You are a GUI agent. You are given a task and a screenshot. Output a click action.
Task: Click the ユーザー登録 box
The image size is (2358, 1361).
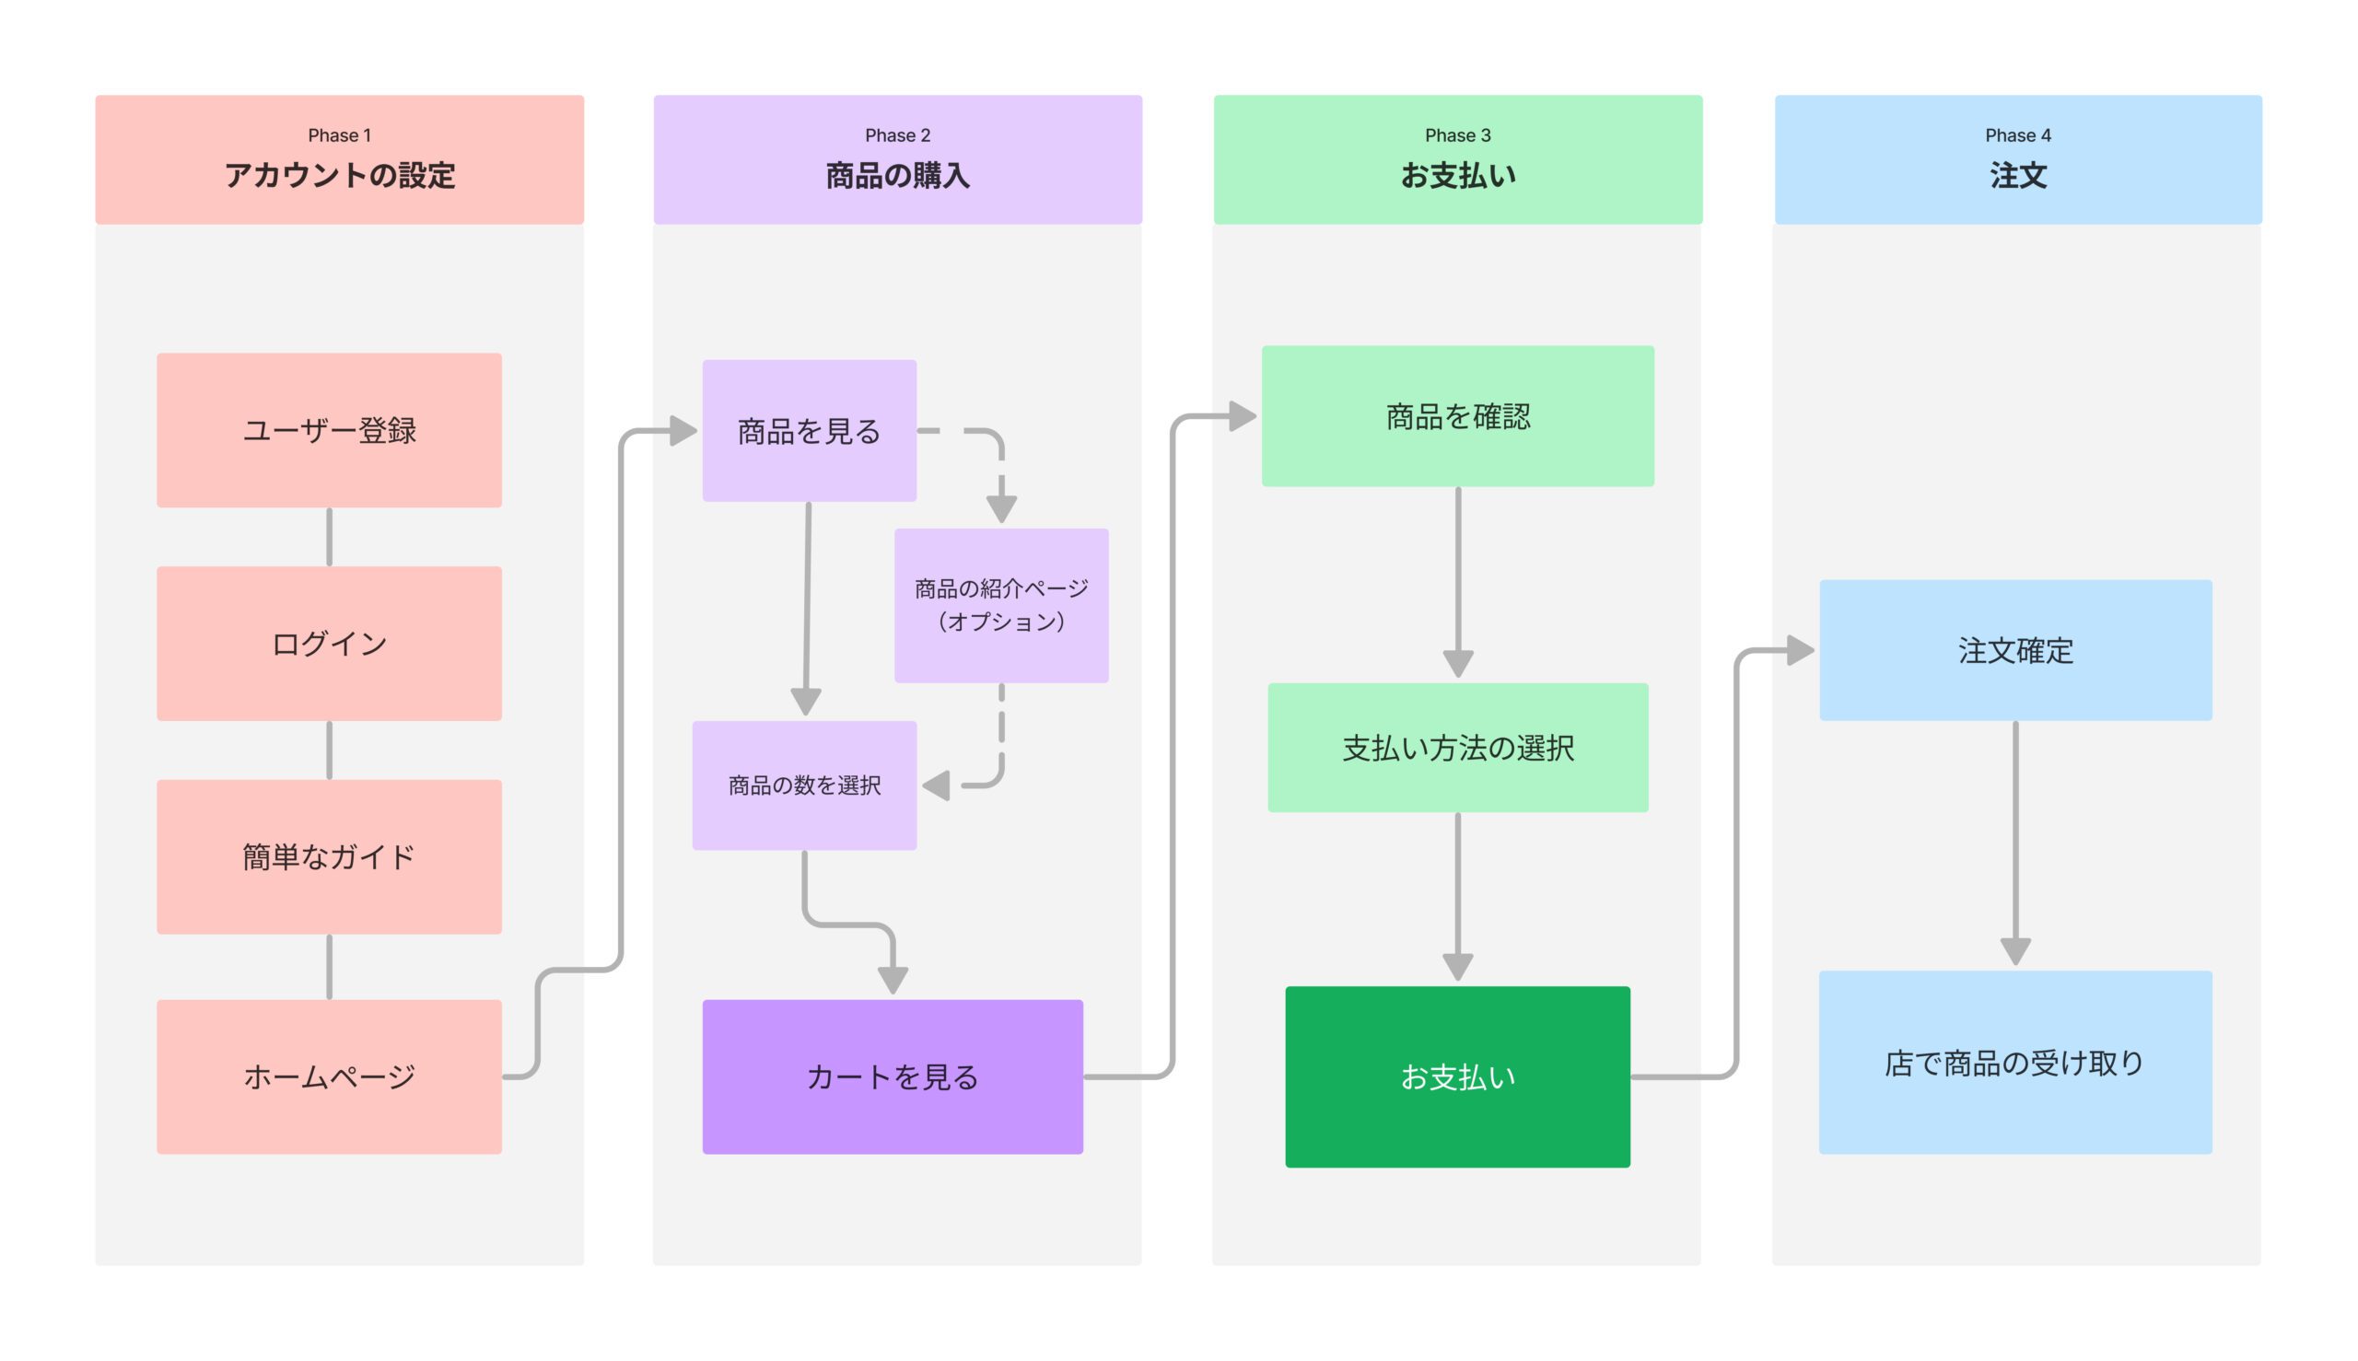329,430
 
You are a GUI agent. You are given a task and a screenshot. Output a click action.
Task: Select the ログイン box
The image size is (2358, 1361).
329,643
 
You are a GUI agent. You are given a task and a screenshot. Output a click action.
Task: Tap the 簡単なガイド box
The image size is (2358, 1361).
329,856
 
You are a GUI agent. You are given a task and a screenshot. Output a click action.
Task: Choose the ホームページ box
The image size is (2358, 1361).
329,1076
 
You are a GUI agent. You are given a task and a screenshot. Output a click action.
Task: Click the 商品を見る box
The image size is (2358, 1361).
809,431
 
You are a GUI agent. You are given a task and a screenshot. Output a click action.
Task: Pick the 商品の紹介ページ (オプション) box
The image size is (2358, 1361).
1000,605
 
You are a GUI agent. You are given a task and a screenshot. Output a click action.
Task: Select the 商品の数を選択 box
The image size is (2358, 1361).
804,785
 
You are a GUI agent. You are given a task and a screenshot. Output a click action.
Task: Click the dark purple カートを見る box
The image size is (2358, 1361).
892,1076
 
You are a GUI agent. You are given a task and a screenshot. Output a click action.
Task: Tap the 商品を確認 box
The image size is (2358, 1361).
1456,416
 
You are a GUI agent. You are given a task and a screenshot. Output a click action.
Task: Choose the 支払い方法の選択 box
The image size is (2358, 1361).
1456,748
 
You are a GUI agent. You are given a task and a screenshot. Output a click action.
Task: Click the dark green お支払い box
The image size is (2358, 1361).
1456,1076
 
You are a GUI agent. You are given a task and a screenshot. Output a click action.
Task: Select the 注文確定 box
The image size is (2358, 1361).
2014,650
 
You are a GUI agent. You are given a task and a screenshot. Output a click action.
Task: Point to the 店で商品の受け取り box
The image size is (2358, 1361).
2014,1062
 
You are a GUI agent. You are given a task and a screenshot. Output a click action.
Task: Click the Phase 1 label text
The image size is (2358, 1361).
339,135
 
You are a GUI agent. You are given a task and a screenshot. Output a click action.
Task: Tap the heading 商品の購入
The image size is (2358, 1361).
896,176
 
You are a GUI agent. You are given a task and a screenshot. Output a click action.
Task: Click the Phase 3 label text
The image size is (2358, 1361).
1456,135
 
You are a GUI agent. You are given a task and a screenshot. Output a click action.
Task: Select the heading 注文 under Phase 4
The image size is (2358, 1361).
2018,176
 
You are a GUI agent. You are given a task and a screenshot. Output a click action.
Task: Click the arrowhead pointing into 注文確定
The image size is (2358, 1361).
1800,650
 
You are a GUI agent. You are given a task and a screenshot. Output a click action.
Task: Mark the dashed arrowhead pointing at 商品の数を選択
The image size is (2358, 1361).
937,785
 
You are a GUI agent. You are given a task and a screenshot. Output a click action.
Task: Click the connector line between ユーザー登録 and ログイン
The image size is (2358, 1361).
329,537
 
